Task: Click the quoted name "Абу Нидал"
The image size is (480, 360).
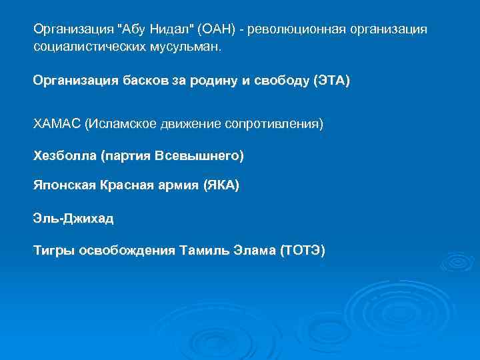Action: (x=155, y=30)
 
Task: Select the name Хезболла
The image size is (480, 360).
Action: (x=65, y=156)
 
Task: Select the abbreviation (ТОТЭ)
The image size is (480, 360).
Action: (x=303, y=251)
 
